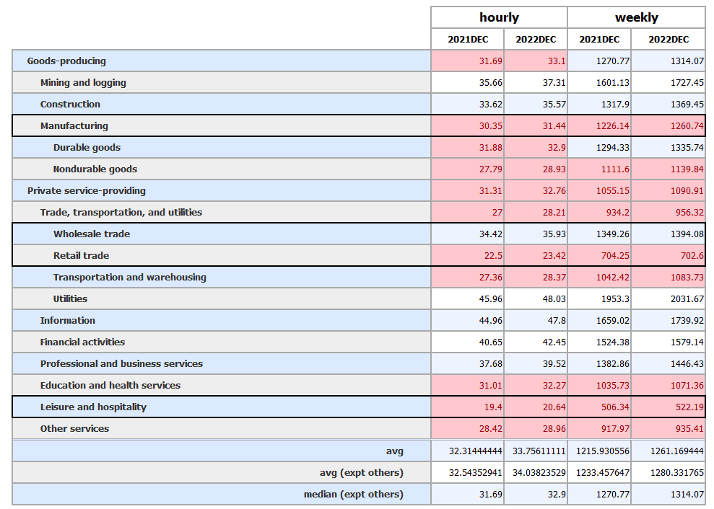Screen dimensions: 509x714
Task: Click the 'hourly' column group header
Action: click(499, 17)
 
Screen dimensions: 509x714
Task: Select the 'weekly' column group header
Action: click(636, 17)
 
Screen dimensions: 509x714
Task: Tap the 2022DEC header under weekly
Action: click(668, 39)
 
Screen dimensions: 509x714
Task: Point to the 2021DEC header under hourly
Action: click(468, 39)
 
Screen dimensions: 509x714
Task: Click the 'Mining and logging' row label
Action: click(83, 82)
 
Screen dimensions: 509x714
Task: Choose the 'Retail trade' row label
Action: click(81, 255)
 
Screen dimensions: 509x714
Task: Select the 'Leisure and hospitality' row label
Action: click(93, 407)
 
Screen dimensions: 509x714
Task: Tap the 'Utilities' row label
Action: click(70, 298)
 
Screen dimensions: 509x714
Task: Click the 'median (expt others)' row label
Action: click(353, 494)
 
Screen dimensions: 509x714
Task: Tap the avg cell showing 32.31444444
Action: click(468, 451)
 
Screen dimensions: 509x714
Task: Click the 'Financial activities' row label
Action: click(82, 342)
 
